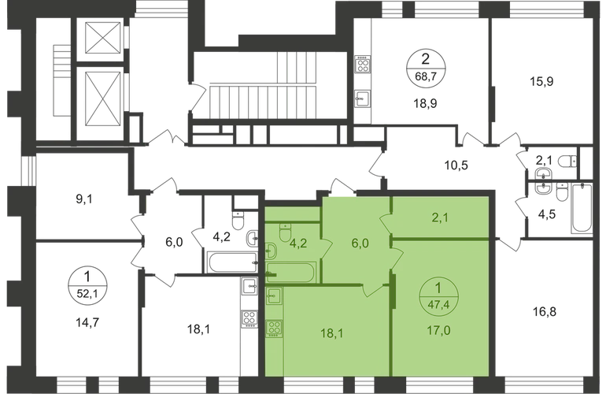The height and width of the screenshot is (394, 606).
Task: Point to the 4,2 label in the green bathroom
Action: (x=298, y=243)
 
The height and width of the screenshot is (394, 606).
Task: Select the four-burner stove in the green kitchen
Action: (x=275, y=325)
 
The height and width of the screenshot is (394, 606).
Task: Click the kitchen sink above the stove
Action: (x=275, y=297)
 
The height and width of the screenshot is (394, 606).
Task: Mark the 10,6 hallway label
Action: (x=457, y=166)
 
